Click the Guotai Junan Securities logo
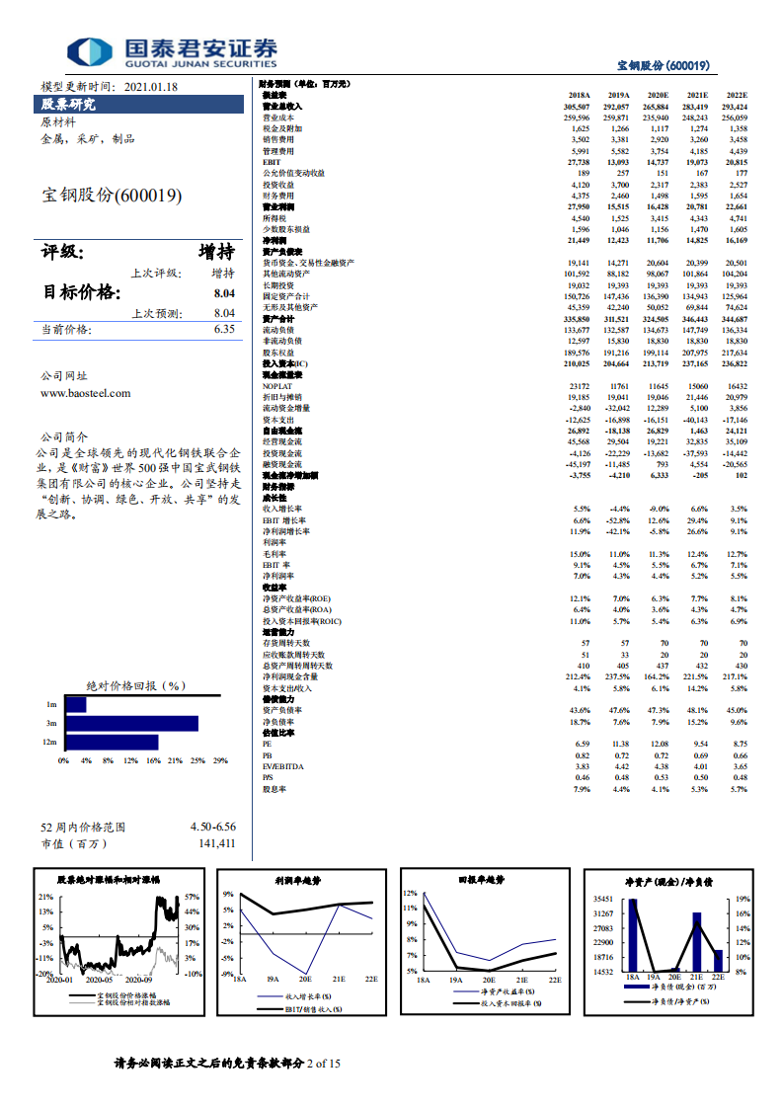tap(173, 51)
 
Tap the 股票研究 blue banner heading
tap(68, 104)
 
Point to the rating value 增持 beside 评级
tap(216, 252)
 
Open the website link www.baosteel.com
tap(85, 392)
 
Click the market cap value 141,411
tap(216, 843)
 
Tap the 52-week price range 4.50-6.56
tap(212, 827)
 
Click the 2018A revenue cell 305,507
tap(576, 106)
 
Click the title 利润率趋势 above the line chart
tap(298, 879)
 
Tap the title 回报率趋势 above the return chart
tap(481, 879)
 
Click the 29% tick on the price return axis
tap(219, 760)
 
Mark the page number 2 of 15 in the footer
tap(324, 1064)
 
